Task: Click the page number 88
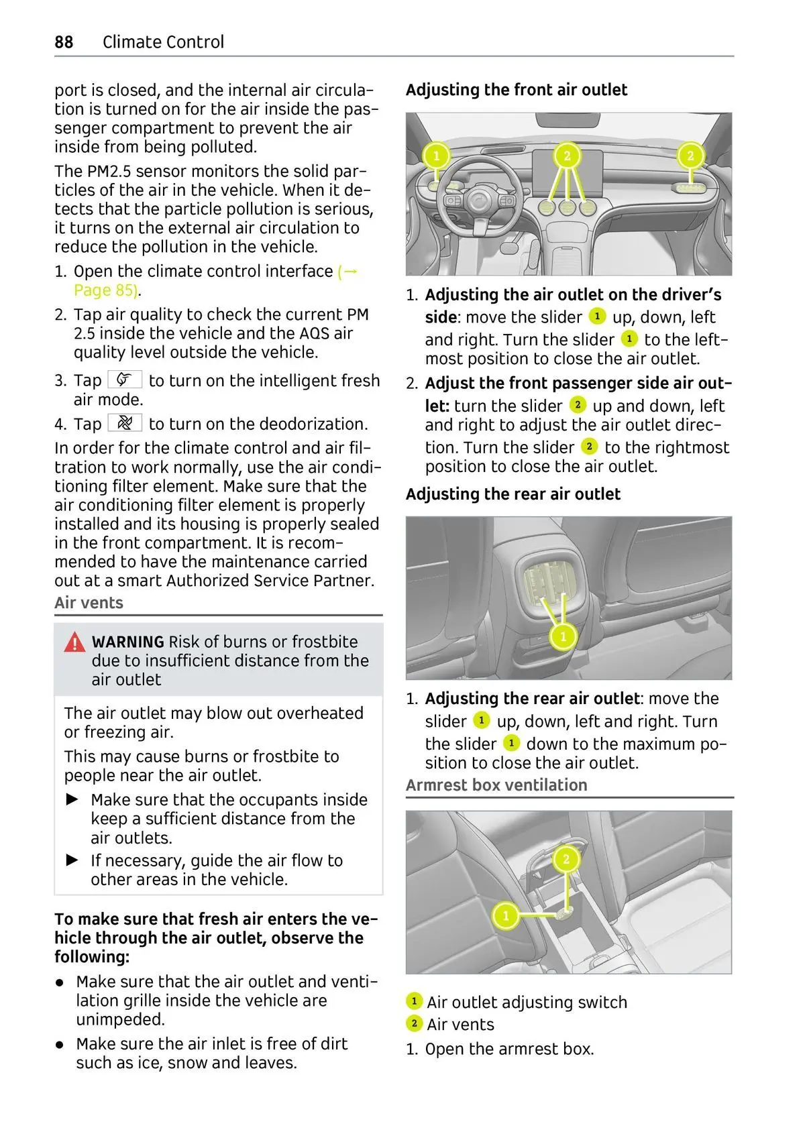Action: click(64, 42)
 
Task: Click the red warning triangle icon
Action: click(74, 643)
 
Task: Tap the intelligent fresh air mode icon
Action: click(125, 380)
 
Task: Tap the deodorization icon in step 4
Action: click(125, 423)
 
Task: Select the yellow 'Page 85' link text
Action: click(106, 290)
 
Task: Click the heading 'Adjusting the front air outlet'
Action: click(516, 90)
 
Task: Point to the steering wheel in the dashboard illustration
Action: click(479, 201)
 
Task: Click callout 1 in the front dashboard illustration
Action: click(436, 156)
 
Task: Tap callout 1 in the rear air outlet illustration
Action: click(563, 636)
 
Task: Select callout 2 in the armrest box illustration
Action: click(566, 859)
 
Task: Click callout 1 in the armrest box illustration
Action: click(506, 915)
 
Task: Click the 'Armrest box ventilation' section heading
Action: click(496, 785)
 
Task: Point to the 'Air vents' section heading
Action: click(89, 603)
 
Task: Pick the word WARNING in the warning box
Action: click(128, 642)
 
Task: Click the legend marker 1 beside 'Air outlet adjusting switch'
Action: click(414, 1001)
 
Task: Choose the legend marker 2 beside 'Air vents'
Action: click(414, 1023)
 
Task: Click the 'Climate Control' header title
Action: click(163, 42)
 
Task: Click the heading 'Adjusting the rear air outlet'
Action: click(513, 494)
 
